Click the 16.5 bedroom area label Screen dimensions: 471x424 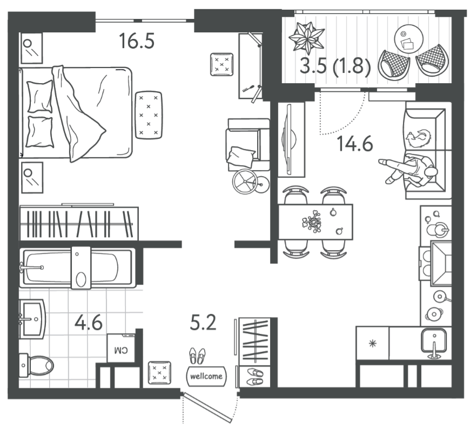click(137, 41)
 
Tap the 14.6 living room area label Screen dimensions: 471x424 click(355, 143)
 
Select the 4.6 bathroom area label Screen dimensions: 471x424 click(89, 322)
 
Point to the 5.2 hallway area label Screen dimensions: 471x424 click(203, 323)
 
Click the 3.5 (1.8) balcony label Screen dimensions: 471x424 click(335, 65)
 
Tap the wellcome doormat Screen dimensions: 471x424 click(206, 376)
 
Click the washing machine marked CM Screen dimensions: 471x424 click(121, 348)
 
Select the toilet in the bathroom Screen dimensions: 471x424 click(36, 365)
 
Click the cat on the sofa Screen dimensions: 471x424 click(419, 138)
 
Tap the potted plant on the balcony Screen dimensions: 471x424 click(306, 37)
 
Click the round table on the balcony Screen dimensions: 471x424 click(408, 38)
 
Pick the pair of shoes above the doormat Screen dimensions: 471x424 click(197, 356)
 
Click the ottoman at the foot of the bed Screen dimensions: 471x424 click(149, 115)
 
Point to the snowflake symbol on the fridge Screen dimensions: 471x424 click(373, 343)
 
